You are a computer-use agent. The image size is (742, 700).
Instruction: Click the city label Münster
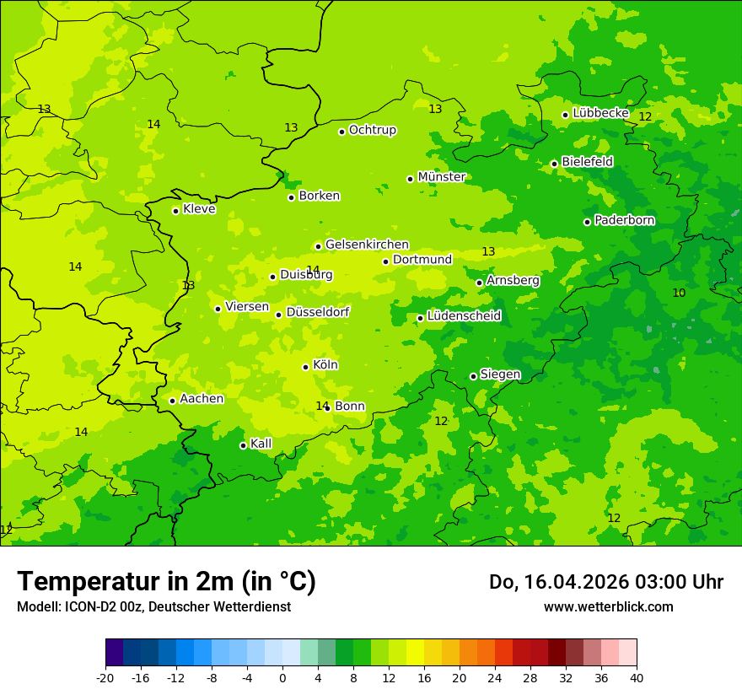coord(441,177)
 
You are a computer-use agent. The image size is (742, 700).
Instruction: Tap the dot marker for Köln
coord(305,367)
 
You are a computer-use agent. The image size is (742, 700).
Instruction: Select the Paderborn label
coord(624,220)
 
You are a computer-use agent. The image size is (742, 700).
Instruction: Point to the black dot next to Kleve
coord(175,211)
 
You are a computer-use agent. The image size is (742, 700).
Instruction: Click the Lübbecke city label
coord(600,113)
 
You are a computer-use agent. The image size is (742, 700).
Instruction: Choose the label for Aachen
coord(202,399)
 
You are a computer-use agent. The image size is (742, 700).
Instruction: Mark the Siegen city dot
coord(473,376)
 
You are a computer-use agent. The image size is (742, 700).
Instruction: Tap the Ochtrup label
coord(372,130)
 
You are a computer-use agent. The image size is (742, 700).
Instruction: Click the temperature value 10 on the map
coord(679,293)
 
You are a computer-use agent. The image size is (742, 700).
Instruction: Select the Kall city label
coord(261,444)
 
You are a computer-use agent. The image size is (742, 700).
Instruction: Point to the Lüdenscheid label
coord(464,316)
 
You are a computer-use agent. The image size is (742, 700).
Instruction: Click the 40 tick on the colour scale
coord(637,677)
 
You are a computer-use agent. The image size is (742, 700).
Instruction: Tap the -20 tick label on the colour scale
coord(105,677)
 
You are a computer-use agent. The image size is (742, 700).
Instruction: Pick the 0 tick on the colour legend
coord(282,677)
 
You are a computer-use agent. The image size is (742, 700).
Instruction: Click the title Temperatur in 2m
coord(166,581)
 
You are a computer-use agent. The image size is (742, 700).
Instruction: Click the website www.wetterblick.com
coord(608,606)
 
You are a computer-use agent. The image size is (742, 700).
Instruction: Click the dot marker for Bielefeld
coord(554,164)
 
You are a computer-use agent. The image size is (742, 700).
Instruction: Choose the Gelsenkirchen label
coord(367,245)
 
